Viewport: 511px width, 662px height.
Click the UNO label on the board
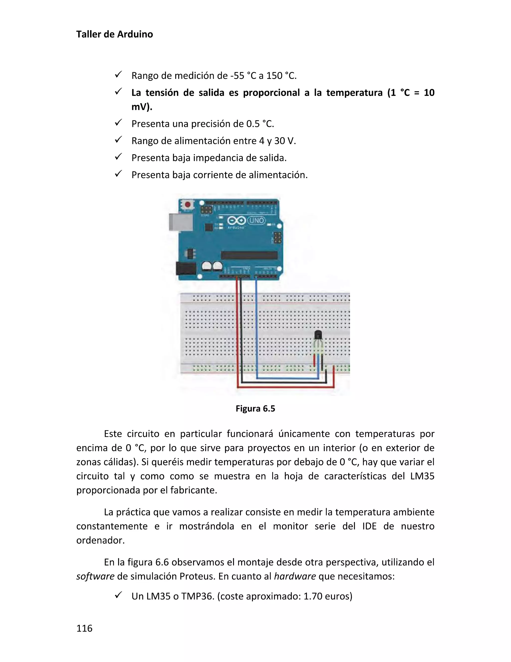pos(257,220)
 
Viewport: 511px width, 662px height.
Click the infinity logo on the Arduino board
pos(237,220)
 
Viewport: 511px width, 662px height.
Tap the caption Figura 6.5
pos(255,409)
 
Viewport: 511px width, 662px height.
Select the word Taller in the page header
pos(88,34)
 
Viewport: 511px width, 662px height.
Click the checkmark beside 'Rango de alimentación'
pos(118,140)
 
